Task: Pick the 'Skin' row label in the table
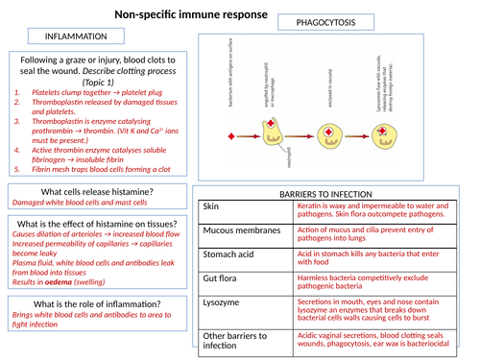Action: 212,206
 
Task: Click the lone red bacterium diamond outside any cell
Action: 229,132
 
